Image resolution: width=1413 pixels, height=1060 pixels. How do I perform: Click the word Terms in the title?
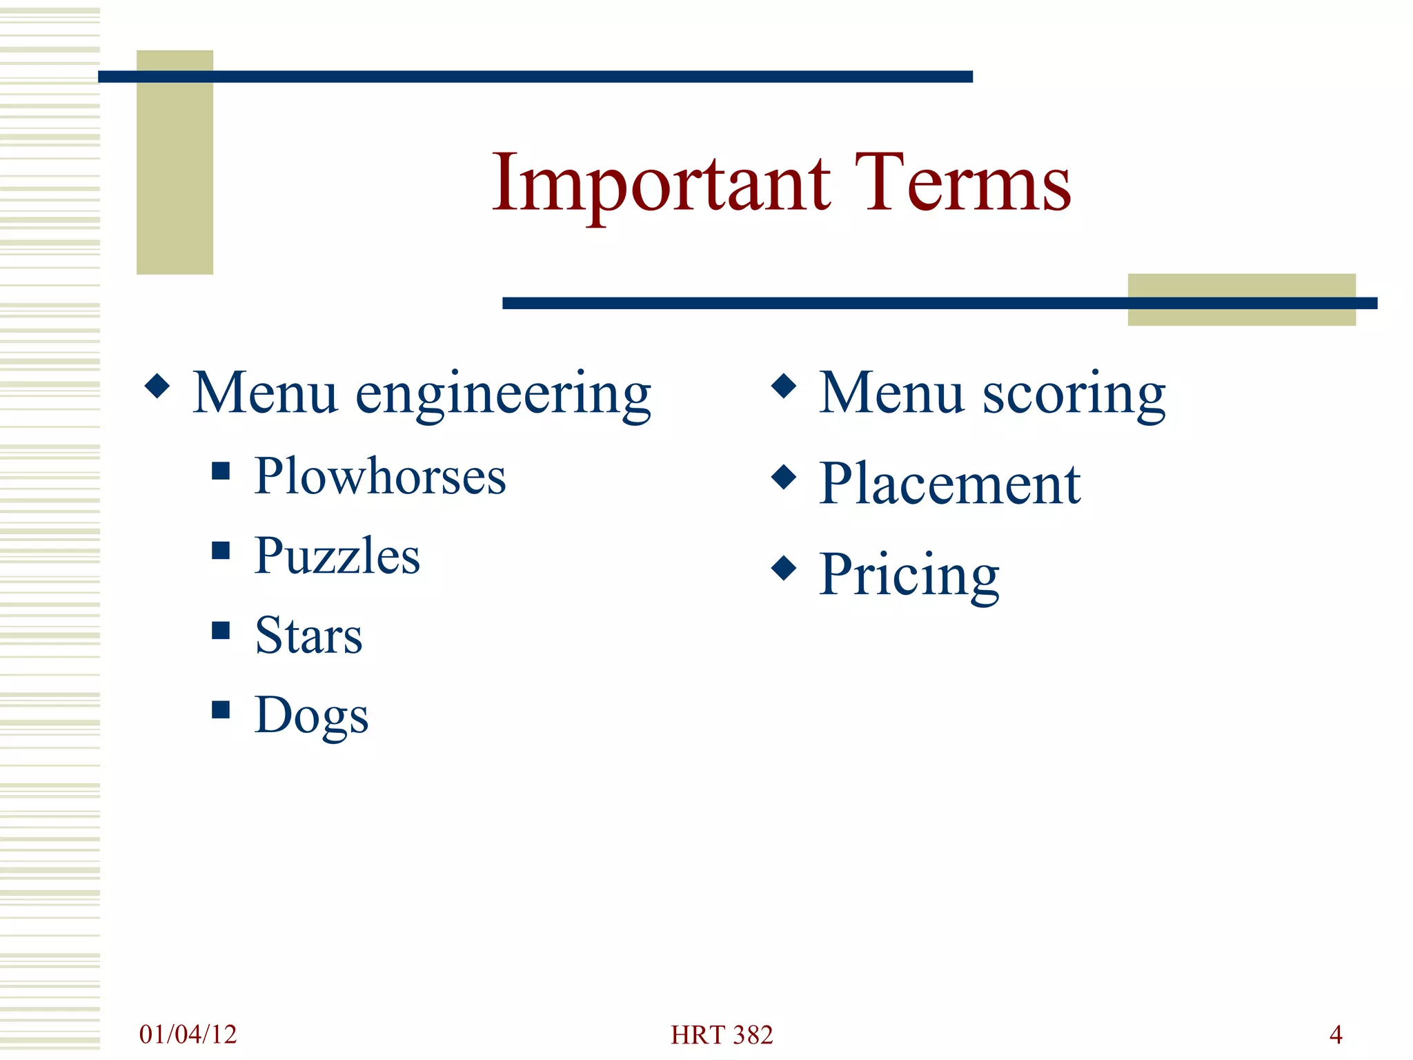(962, 184)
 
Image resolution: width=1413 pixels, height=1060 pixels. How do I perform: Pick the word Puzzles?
(337, 556)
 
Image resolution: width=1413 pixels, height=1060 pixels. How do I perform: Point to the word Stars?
(308, 636)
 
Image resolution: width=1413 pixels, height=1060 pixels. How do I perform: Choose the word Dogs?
(311, 716)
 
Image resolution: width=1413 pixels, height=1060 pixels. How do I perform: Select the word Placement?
(949, 484)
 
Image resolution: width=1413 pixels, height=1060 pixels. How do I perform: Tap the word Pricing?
(909, 575)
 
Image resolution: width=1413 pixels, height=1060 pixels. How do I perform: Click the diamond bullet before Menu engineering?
(157, 386)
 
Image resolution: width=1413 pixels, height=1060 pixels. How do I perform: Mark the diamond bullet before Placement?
(784, 476)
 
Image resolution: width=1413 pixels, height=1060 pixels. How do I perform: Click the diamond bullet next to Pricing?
(784, 568)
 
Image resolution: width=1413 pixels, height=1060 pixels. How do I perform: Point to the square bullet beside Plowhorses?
(221, 471)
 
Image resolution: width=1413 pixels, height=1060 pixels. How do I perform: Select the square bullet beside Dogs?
(221, 709)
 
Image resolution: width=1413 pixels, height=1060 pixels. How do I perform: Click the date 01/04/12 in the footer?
(188, 1034)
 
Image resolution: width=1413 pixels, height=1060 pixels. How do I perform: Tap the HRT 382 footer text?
(722, 1034)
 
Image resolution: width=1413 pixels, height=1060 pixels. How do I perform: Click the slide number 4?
(1336, 1034)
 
